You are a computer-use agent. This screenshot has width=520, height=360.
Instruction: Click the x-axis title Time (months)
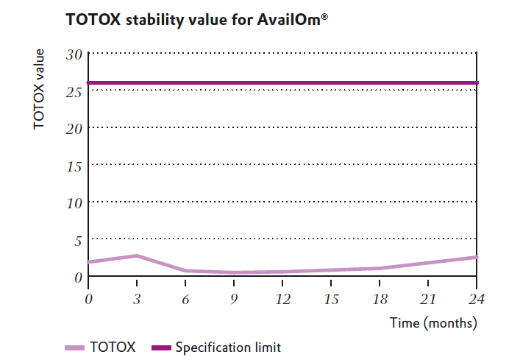[x=433, y=322]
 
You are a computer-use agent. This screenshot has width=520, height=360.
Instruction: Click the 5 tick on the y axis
[x=76, y=240]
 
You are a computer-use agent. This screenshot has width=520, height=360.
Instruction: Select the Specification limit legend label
[x=227, y=347]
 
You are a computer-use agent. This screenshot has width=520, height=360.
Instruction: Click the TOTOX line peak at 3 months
[x=137, y=255]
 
